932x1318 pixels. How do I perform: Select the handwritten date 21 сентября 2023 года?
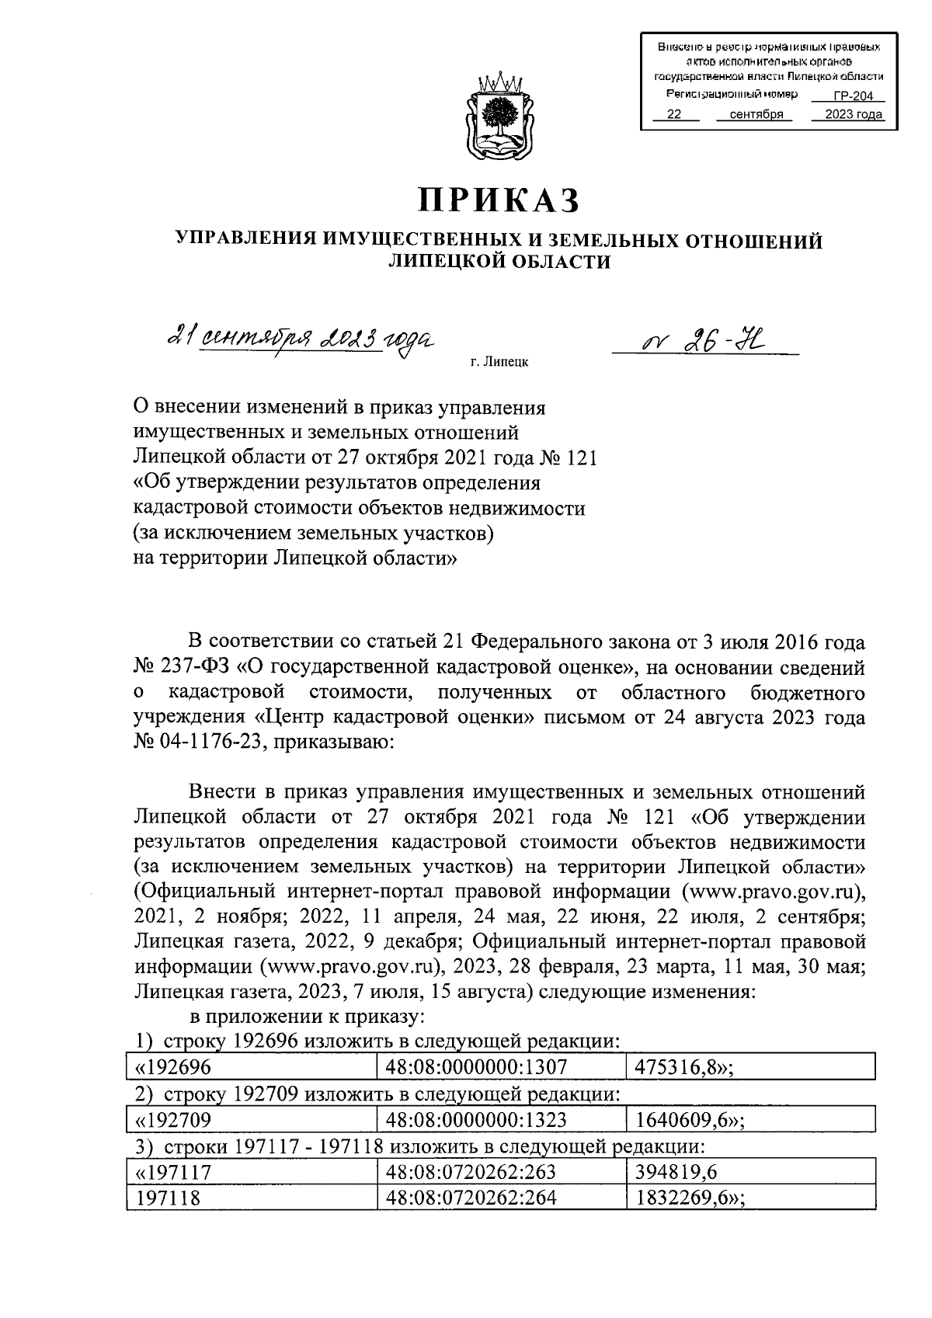301,340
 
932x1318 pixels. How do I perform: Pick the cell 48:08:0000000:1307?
501,1067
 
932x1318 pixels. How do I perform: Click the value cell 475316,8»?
750,1067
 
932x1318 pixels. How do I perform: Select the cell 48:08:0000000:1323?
501,1120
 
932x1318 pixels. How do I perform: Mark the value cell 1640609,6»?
750,1120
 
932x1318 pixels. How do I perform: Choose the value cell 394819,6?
750,1172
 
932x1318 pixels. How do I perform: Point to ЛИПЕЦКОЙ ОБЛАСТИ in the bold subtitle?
499,263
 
